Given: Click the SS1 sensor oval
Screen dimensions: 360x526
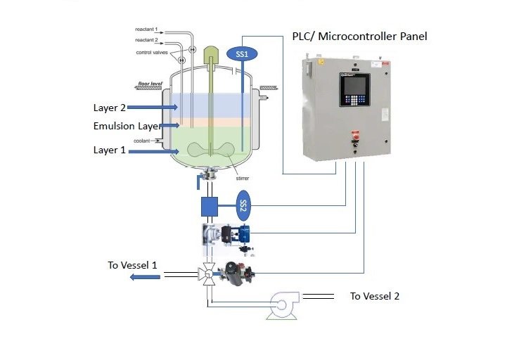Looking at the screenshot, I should click(x=243, y=53).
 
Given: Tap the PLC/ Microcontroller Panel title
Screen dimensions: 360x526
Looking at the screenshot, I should click(x=359, y=36).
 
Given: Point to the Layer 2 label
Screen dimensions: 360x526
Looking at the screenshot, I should click(x=110, y=108).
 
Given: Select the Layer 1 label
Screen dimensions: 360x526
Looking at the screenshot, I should click(x=110, y=150).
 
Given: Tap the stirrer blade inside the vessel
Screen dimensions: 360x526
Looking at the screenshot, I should click(x=212, y=150).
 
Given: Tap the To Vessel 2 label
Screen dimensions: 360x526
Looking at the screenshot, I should click(x=375, y=296).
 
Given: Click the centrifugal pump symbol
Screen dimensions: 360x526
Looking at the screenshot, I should click(x=283, y=304).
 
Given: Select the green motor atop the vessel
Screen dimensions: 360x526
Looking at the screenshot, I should click(x=212, y=55).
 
